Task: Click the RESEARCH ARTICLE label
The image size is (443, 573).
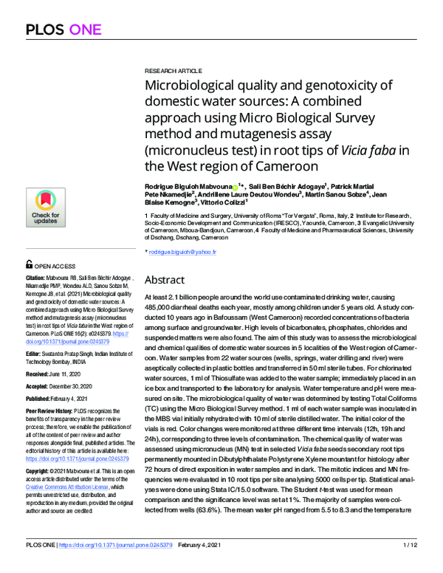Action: point(171,67)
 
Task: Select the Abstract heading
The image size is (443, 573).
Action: point(169,280)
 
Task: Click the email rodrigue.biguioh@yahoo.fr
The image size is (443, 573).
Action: point(192,253)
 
